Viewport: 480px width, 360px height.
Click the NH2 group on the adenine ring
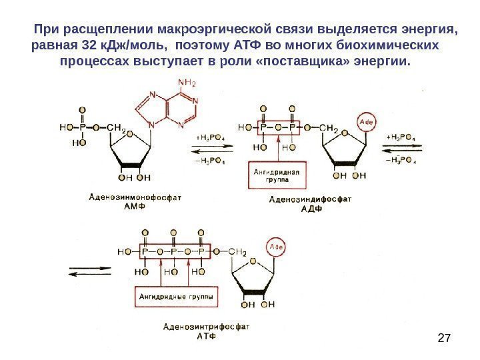point(189,83)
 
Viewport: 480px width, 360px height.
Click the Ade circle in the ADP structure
point(366,122)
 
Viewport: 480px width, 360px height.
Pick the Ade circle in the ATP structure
point(275,247)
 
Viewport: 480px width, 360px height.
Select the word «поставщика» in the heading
point(326,62)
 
